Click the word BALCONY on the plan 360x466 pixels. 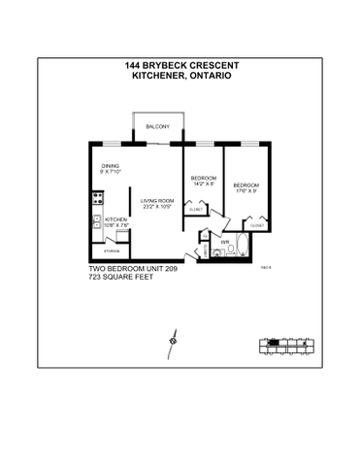point(157,127)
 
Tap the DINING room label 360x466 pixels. point(110,166)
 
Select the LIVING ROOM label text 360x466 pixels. point(156,200)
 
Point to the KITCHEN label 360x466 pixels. point(115,219)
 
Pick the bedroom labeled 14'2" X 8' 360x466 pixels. point(203,180)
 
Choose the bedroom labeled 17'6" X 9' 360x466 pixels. point(247,184)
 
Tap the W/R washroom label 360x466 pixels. point(225,242)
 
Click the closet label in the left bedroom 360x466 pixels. point(196,210)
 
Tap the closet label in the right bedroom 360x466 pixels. point(257,225)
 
